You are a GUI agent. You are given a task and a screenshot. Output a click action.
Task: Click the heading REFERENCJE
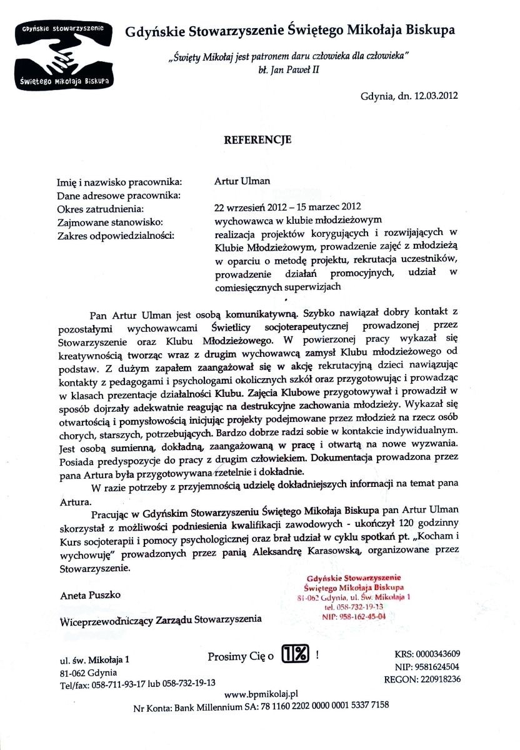point(257,140)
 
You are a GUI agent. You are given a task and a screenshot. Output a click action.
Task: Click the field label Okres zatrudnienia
point(101,208)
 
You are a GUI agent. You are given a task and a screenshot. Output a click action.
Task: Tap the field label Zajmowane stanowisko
point(109,222)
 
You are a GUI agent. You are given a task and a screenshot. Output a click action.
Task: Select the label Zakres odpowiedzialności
point(116,235)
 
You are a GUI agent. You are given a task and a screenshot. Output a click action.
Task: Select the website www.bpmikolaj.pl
point(261,694)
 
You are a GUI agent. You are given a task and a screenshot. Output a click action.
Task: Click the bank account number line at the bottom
point(261,706)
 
